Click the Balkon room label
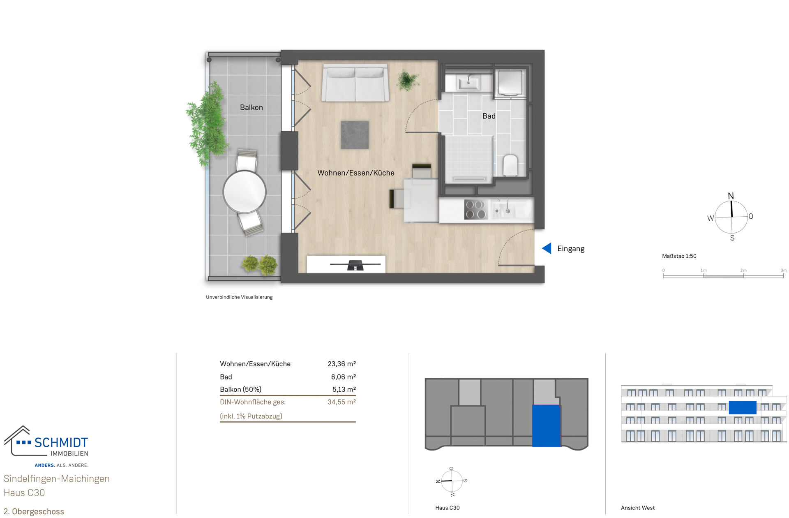(251, 107)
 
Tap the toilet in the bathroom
(510, 165)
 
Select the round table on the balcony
(245, 192)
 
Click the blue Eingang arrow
(547, 248)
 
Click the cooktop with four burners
(475, 209)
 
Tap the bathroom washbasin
(468, 83)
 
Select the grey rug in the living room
(355, 135)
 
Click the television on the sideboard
(355, 265)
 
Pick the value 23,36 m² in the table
(341, 364)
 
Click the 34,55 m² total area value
(341, 402)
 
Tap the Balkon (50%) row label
(240, 389)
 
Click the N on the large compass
(731, 196)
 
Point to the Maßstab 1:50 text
(679, 256)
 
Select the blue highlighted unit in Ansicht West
(742, 407)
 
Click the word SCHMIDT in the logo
(61, 443)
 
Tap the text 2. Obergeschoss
(34, 511)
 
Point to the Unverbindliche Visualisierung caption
(239, 297)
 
